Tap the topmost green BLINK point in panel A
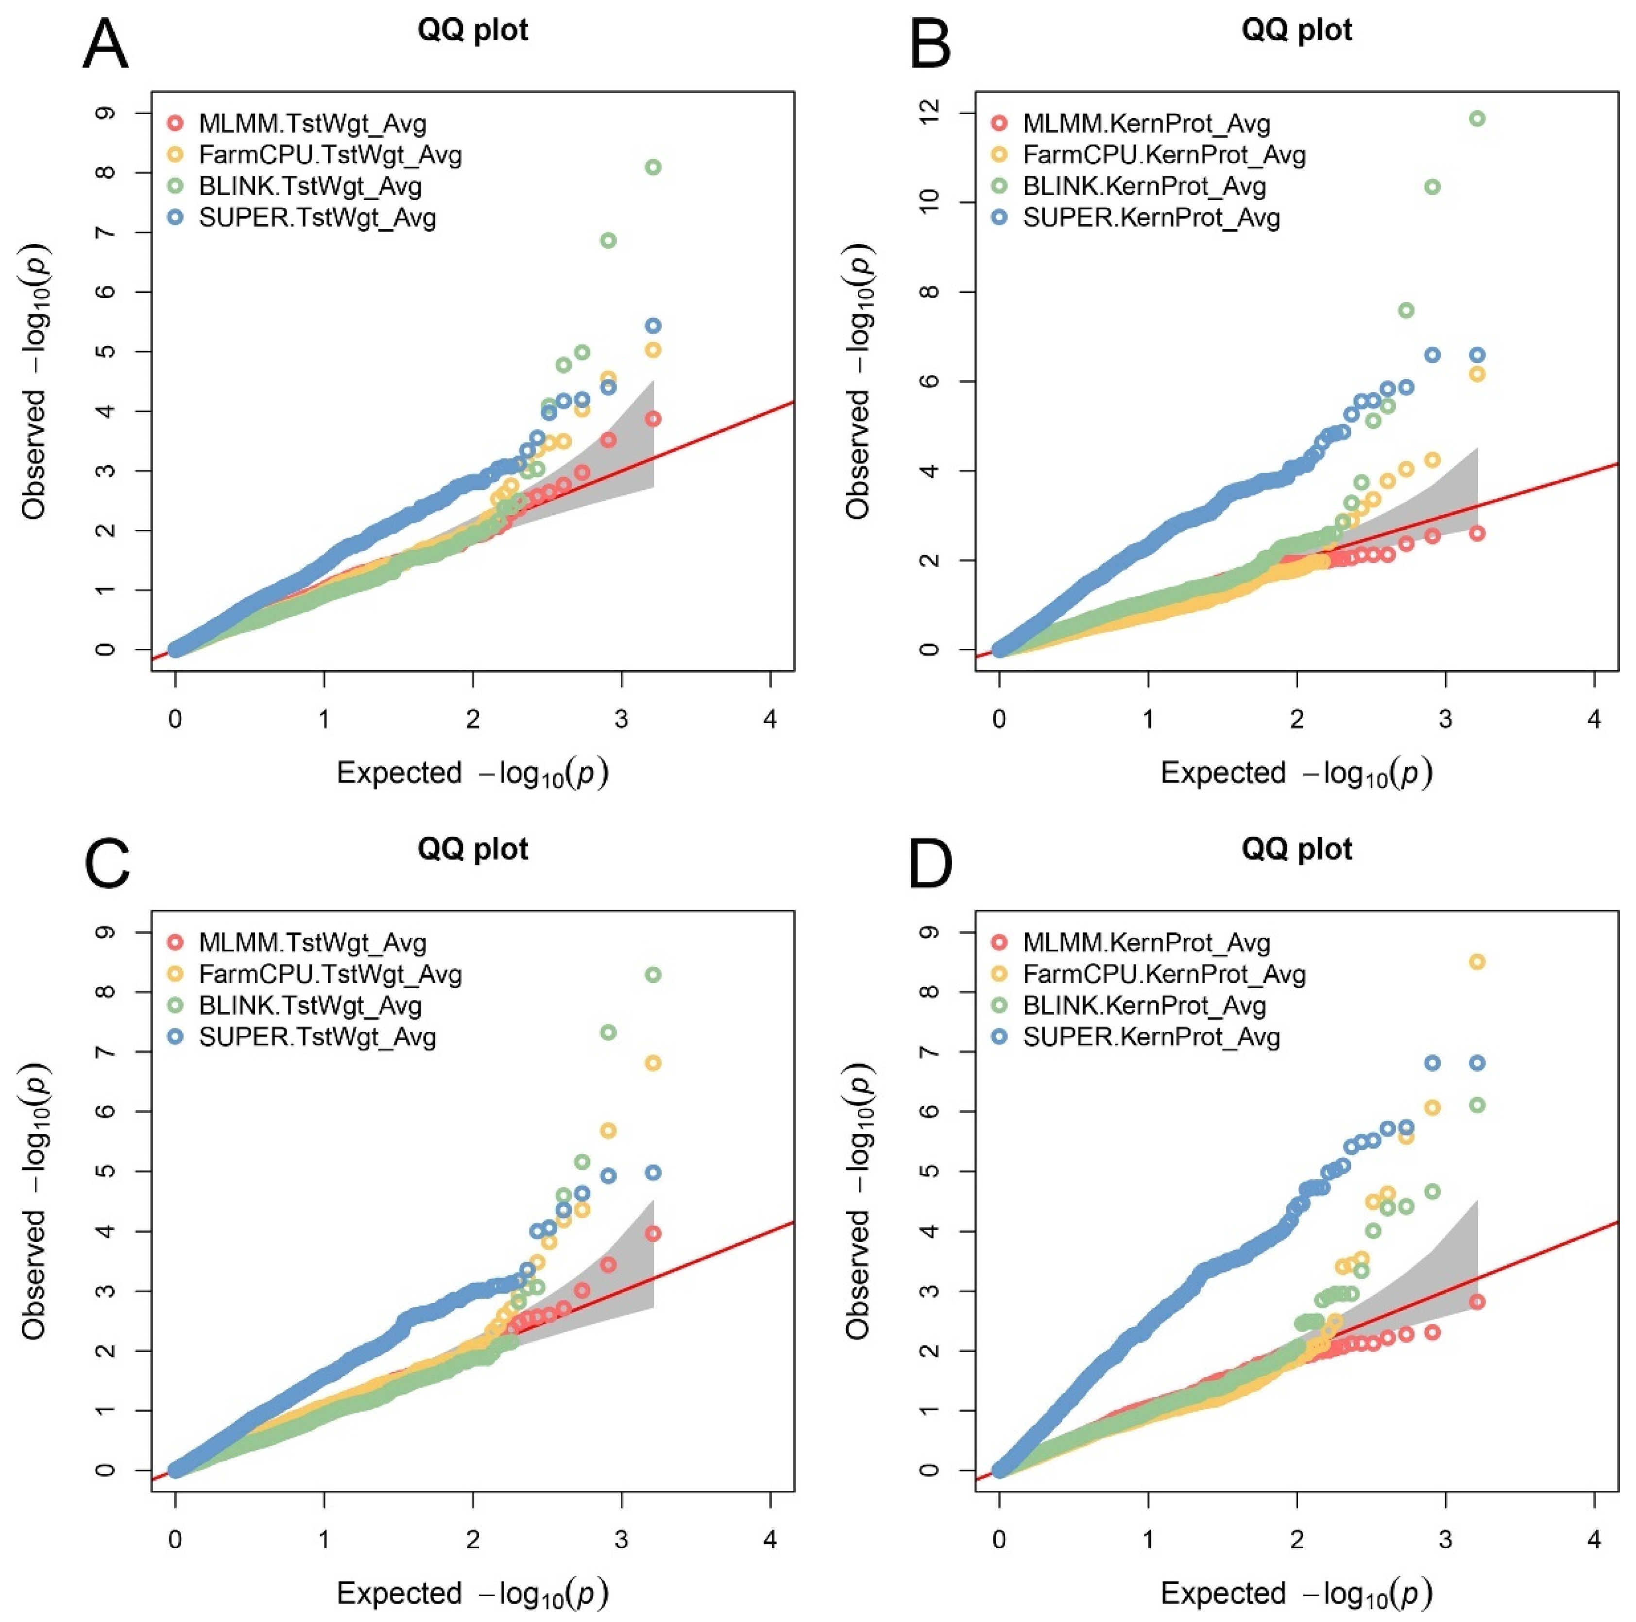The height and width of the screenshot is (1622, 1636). click(652, 168)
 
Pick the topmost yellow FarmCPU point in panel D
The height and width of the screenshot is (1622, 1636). click(1477, 962)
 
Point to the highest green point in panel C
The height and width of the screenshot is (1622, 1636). click(652, 975)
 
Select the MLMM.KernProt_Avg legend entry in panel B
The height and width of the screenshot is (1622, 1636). click(1146, 124)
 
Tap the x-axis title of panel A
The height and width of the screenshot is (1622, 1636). click(473, 774)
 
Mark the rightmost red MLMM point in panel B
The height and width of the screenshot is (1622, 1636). click(1477, 533)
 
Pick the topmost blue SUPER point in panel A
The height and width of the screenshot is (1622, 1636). click(652, 326)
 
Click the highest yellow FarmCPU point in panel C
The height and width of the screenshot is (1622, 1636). click(652, 1063)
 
